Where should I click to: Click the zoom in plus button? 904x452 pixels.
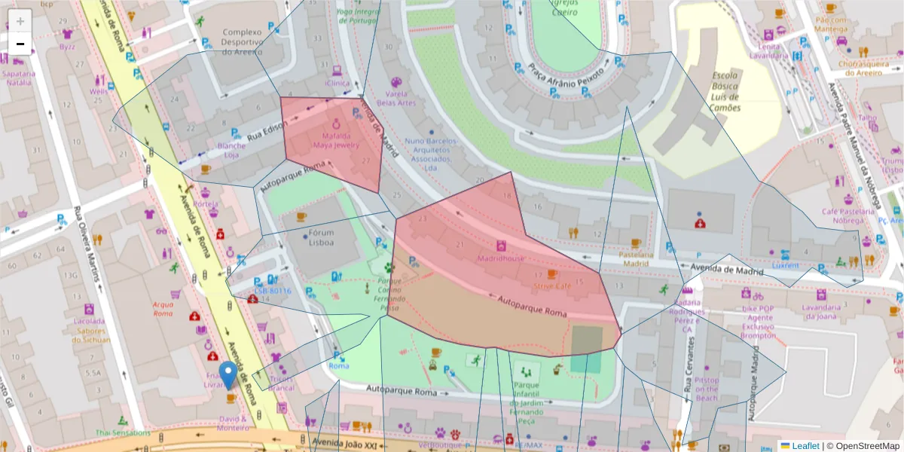20,20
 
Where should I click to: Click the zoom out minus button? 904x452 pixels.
20,44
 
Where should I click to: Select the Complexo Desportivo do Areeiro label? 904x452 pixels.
242,42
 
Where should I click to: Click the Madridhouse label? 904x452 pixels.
501,258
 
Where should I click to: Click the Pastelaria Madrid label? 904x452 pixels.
634,259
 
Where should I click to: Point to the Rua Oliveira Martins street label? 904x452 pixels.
87,246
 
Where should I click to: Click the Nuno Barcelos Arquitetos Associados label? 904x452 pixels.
431,154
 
